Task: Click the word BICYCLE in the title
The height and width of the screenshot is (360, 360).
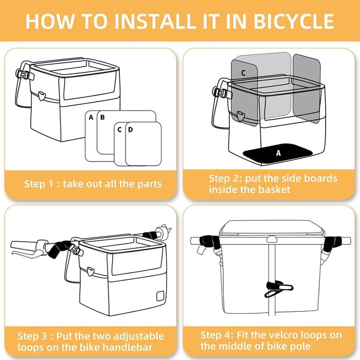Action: point(294,21)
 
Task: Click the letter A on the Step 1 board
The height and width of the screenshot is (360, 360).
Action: point(91,117)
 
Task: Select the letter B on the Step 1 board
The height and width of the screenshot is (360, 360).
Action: point(102,117)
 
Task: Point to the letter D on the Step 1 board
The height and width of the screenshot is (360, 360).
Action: point(131,130)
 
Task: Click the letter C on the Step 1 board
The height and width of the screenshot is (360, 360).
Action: point(119,130)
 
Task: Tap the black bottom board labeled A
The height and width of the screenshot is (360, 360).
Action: point(278,154)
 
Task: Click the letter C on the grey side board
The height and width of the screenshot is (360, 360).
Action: point(243,73)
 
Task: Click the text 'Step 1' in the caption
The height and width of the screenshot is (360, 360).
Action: point(39,184)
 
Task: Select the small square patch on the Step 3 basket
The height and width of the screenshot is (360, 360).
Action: point(160,296)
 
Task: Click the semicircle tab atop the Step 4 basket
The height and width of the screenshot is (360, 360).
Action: point(272,239)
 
